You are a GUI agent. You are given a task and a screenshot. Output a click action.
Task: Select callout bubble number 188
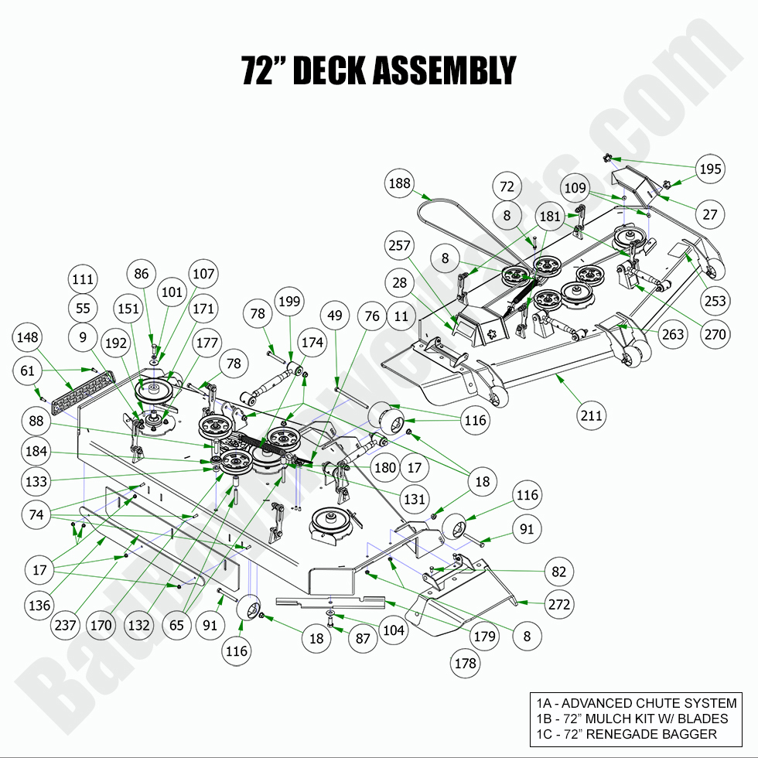(399, 183)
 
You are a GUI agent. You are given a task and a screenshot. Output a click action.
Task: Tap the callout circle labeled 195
(710, 169)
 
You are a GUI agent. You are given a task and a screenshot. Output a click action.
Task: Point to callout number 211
(591, 415)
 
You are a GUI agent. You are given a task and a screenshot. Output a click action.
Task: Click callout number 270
(714, 335)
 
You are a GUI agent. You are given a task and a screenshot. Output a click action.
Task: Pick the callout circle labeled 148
(29, 338)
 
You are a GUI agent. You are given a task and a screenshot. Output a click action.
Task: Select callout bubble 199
(290, 301)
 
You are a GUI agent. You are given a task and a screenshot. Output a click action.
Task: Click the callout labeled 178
(466, 663)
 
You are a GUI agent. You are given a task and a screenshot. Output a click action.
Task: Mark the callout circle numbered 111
(83, 279)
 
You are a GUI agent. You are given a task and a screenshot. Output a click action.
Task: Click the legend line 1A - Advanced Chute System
(636, 703)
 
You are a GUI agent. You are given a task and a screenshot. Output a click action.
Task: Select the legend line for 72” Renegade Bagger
(626, 734)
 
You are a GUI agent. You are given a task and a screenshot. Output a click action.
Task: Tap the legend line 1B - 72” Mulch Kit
(632, 719)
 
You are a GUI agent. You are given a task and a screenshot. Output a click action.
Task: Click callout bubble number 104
(393, 630)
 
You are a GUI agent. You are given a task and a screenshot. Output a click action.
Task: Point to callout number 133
(35, 481)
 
